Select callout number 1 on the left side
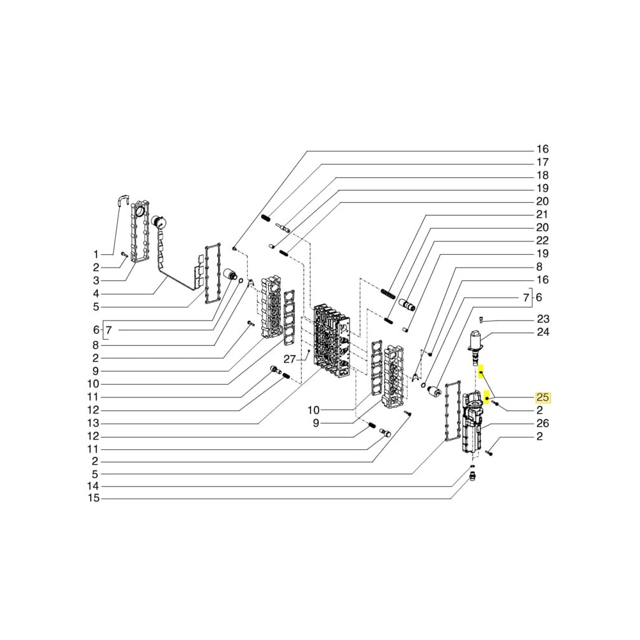tap(96, 254)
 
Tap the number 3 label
tap(96, 280)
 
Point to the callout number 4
tap(96, 294)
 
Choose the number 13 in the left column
tap(93, 423)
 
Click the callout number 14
tap(93, 486)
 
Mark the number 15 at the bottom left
tap(93, 499)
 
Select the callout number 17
tap(542, 162)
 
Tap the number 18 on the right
tap(542, 175)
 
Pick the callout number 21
tap(542, 214)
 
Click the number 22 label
tap(542, 241)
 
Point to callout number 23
tap(543, 319)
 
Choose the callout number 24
tap(543, 332)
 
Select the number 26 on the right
tap(543, 423)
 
